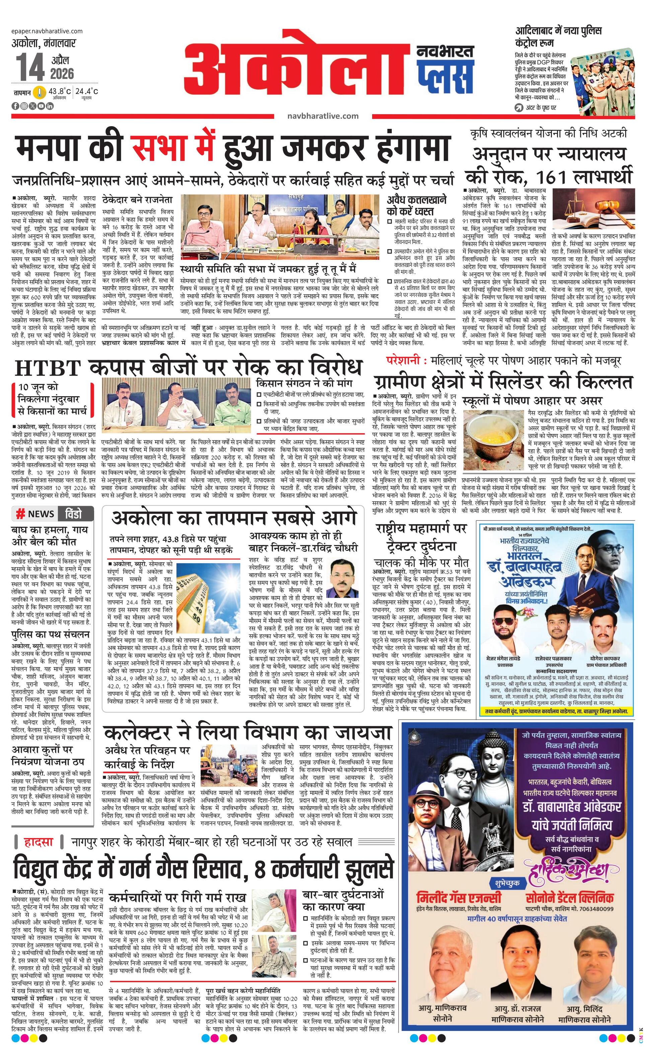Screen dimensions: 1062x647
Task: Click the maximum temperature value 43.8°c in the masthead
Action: pyautogui.click(x=60, y=91)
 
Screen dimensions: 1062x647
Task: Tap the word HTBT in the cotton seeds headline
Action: pyautogui.click(x=48, y=369)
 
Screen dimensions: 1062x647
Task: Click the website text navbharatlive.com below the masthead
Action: pyautogui.click(x=322, y=115)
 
